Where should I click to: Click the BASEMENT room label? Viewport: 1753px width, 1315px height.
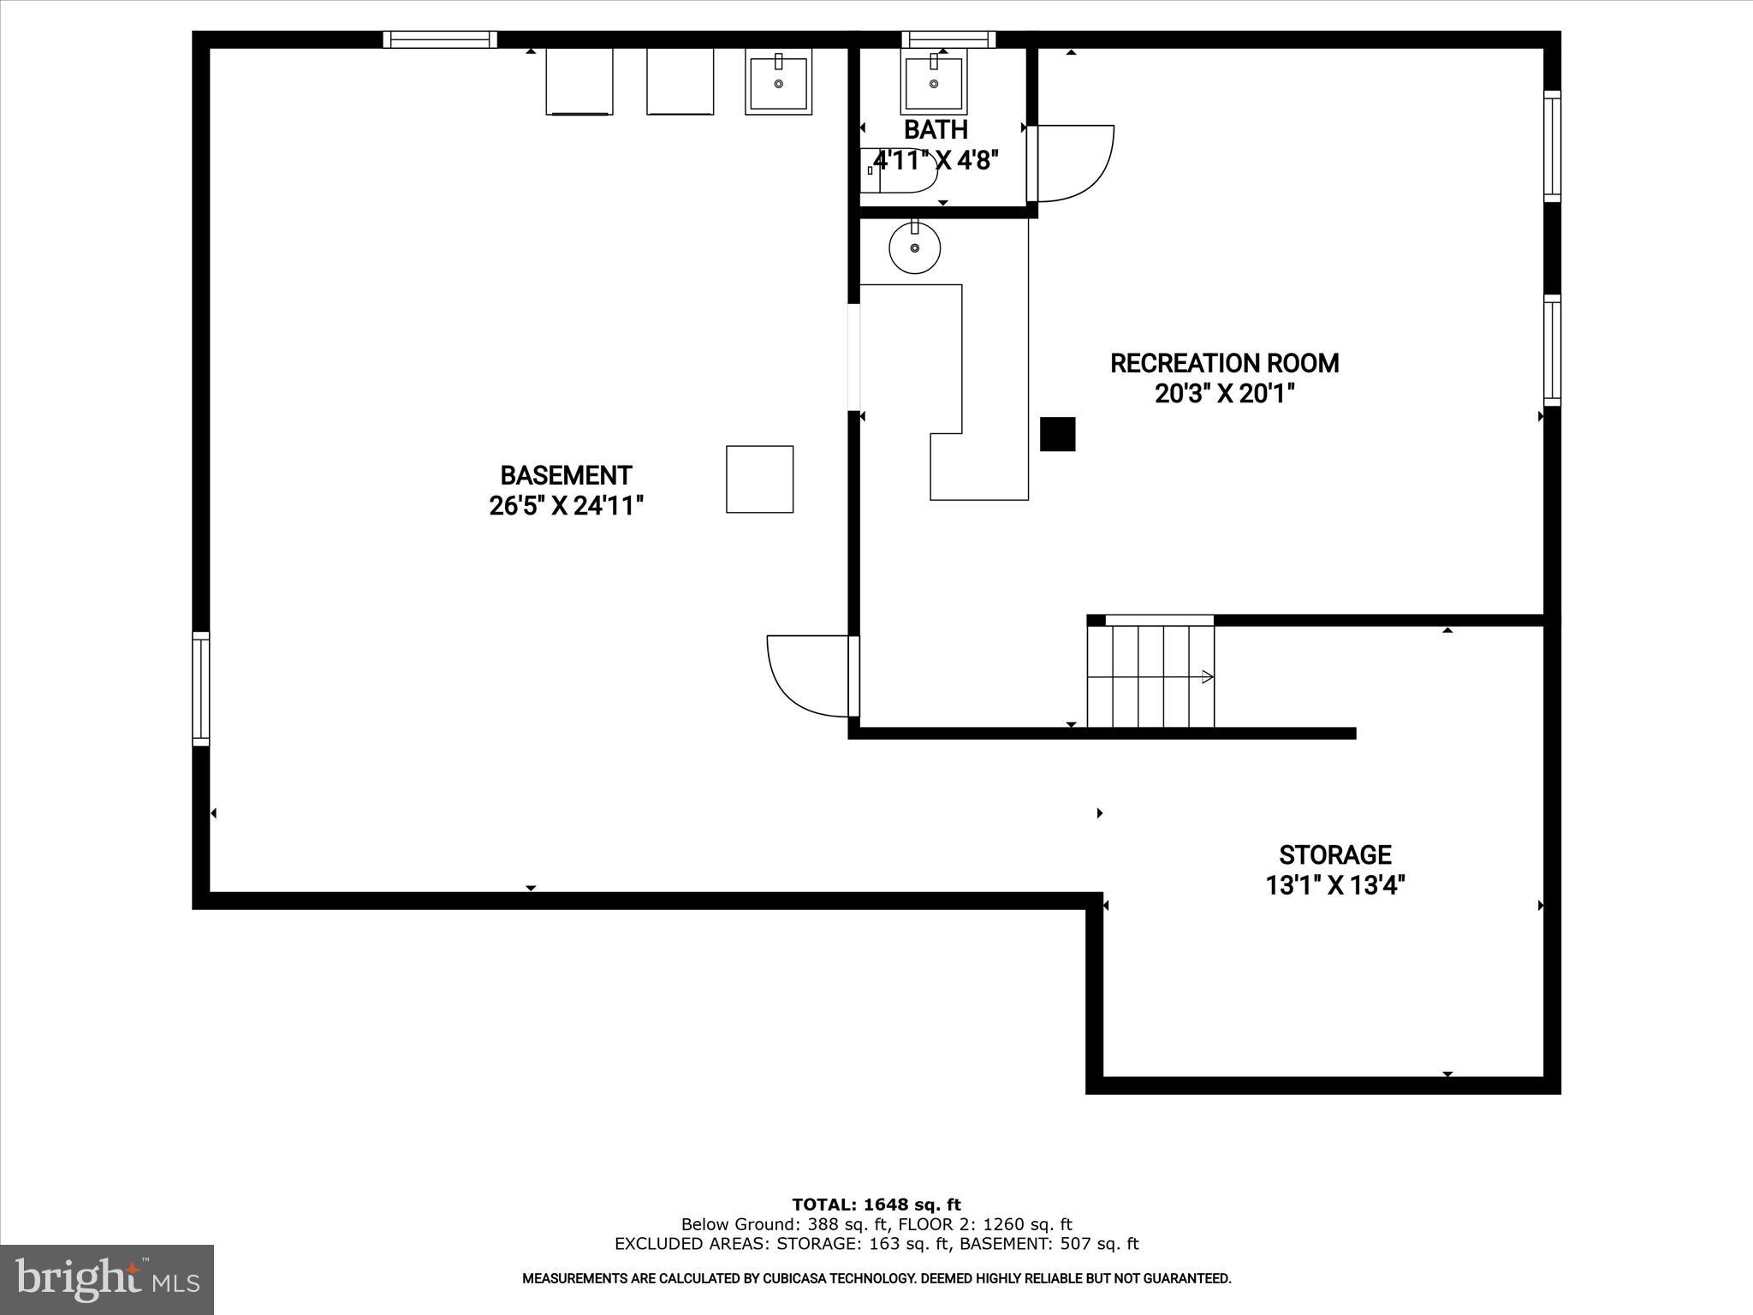566,475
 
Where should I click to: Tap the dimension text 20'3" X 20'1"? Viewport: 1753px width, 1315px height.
1224,394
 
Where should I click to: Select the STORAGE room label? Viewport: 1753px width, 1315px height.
1334,855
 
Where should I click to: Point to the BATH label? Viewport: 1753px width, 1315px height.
936,130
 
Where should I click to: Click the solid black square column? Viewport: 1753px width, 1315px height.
1057,434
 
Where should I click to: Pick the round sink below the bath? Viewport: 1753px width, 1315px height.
915,247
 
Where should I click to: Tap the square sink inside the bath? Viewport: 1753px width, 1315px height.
933,82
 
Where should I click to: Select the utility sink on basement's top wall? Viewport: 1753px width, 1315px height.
778,82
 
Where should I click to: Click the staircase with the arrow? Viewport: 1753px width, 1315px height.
1150,676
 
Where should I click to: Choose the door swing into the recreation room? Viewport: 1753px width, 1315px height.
1074,163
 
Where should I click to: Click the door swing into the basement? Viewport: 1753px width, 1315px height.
809,676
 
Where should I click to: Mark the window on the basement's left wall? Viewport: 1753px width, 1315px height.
200,688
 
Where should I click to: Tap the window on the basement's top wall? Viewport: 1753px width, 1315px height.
439,39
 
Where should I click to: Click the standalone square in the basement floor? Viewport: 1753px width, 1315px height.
759,479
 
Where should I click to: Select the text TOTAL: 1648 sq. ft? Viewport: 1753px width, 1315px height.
876,1205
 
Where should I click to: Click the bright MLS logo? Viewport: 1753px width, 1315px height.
107,1280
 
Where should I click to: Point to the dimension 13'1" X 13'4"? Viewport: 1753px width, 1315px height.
1334,885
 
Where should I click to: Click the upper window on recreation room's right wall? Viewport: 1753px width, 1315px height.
1552,146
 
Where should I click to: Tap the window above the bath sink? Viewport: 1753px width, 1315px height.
948,39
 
